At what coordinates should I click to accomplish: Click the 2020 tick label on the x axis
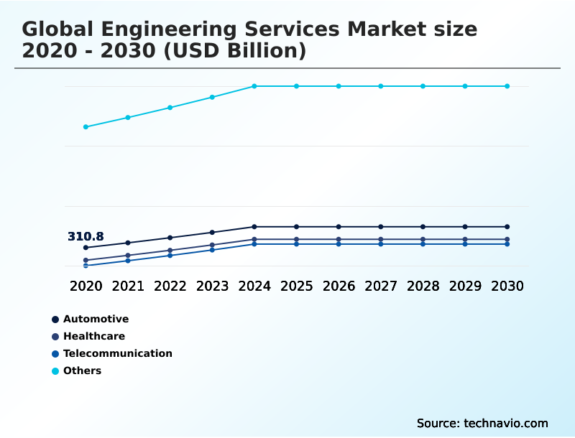point(86,286)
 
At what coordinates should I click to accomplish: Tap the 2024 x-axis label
point(254,286)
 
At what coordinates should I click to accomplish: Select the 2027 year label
point(381,286)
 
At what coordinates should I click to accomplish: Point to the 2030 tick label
point(507,286)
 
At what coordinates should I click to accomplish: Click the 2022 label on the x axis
point(170,286)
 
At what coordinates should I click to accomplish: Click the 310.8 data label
point(86,236)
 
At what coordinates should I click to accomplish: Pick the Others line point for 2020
point(86,127)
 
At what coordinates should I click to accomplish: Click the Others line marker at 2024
point(254,86)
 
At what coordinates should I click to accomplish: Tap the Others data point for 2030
point(507,86)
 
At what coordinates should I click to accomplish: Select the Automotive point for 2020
point(86,248)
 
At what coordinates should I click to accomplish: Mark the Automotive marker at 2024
point(254,227)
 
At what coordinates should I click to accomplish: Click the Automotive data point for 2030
point(507,227)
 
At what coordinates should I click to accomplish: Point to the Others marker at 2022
point(170,108)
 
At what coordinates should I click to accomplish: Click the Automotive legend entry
point(96,319)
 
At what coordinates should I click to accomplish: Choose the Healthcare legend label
point(93,336)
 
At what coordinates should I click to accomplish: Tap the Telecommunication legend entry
point(117,353)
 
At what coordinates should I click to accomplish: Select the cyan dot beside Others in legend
point(55,371)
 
